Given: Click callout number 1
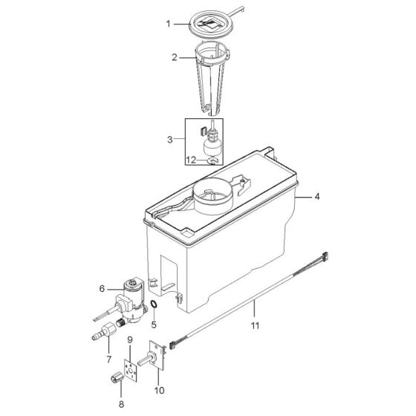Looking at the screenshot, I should (x=168, y=24).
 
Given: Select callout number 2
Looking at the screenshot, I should (x=175, y=57).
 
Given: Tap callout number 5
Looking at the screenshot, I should (x=153, y=324).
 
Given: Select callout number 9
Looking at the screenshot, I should (x=130, y=339).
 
